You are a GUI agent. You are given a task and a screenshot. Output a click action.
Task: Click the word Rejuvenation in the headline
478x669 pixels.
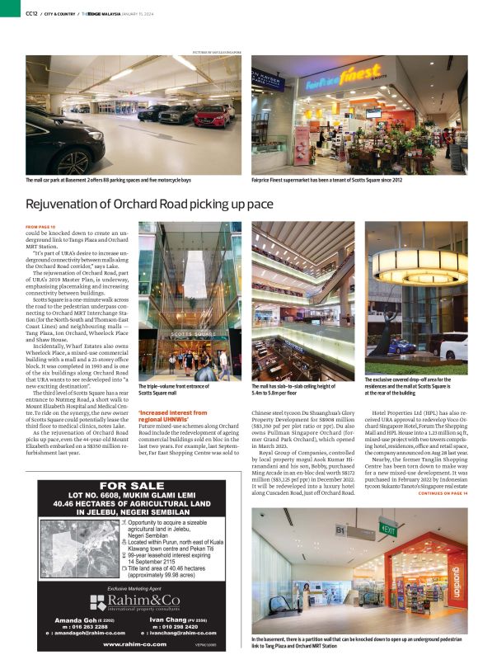tap(66, 204)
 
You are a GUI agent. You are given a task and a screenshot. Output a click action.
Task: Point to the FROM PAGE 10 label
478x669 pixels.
tap(40, 226)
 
